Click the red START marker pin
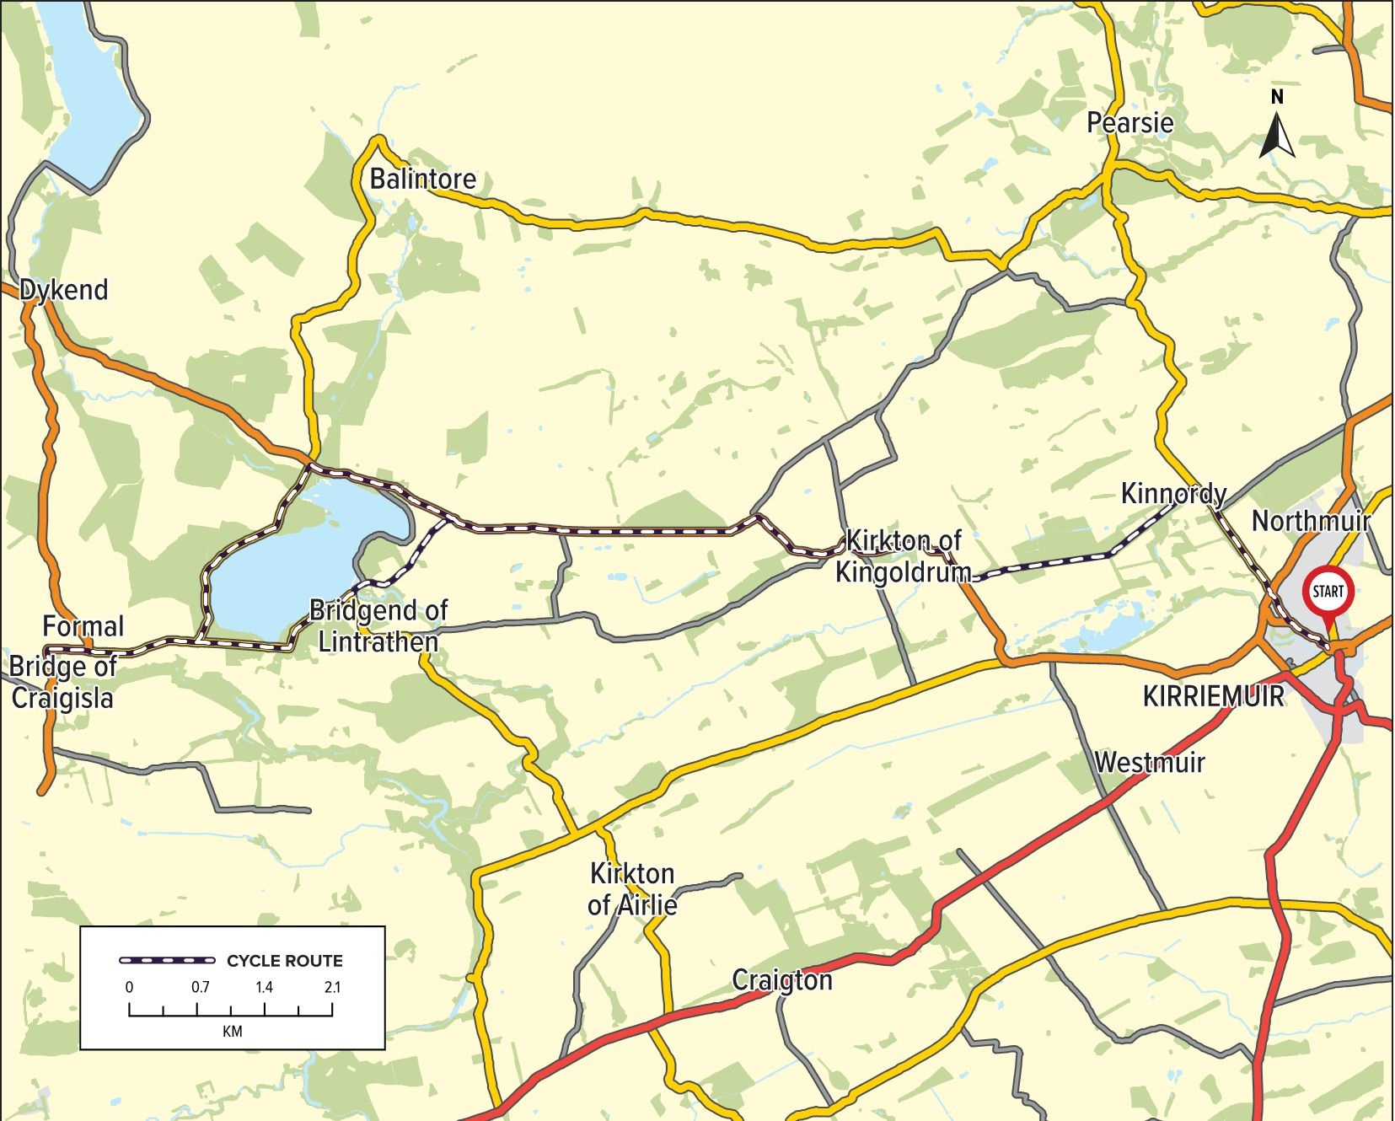(x=1328, y=593)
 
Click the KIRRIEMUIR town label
(x=1213, y=696)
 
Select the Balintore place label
(x=422, y=179)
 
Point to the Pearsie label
(x=1129, y=123)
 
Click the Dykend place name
(x=64, y=290)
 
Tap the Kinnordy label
(x=1172, y=493)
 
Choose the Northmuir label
(x=1310, y=521)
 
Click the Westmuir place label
(x=1149, y=762)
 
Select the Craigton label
(x=781, y=979)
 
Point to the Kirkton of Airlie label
(x=632, y=888)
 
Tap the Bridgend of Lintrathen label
(x=378, y=625)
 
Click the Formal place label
(x=83, y=626)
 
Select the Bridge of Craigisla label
(x=62, y=681)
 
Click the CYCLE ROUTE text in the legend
(x=284, y=961)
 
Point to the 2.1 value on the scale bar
(x=332, y=987)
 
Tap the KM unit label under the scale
(x=232, y=1032)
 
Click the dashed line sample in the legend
(x=167, y=960)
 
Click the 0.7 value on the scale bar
(x=200, y=987)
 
